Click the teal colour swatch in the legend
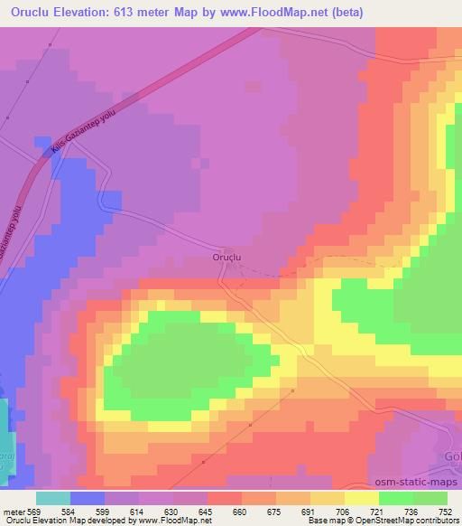coord(52,497)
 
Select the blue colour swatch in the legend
coord(88,497)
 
